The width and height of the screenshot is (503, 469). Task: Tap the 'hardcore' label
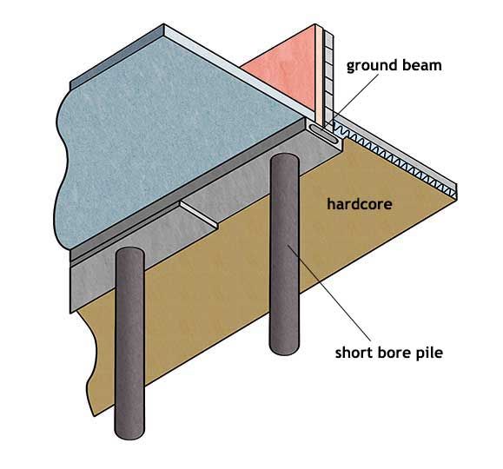click(358, 205)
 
